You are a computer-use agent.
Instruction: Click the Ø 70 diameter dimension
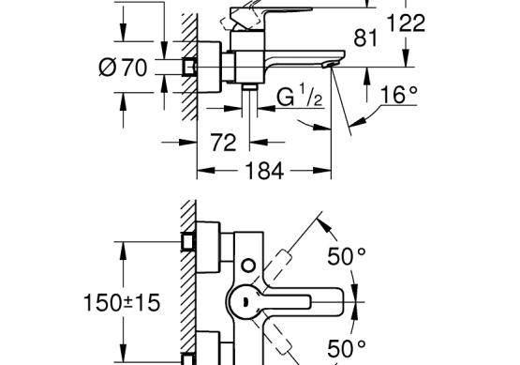click(123, 68)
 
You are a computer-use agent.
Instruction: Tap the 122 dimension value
click(406, 23)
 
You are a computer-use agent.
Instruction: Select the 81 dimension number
click(365, 38)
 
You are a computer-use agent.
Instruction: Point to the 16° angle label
click(398, 95)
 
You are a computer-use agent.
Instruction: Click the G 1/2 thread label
click(300, 96)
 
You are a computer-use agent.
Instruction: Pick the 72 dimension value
click(224, 143)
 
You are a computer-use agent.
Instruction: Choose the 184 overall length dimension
click(264, 171)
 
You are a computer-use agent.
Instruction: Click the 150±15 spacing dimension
click(122, 302)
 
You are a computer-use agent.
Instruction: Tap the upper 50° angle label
click(347, 256)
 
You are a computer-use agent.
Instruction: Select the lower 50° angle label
click(347, 348)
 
